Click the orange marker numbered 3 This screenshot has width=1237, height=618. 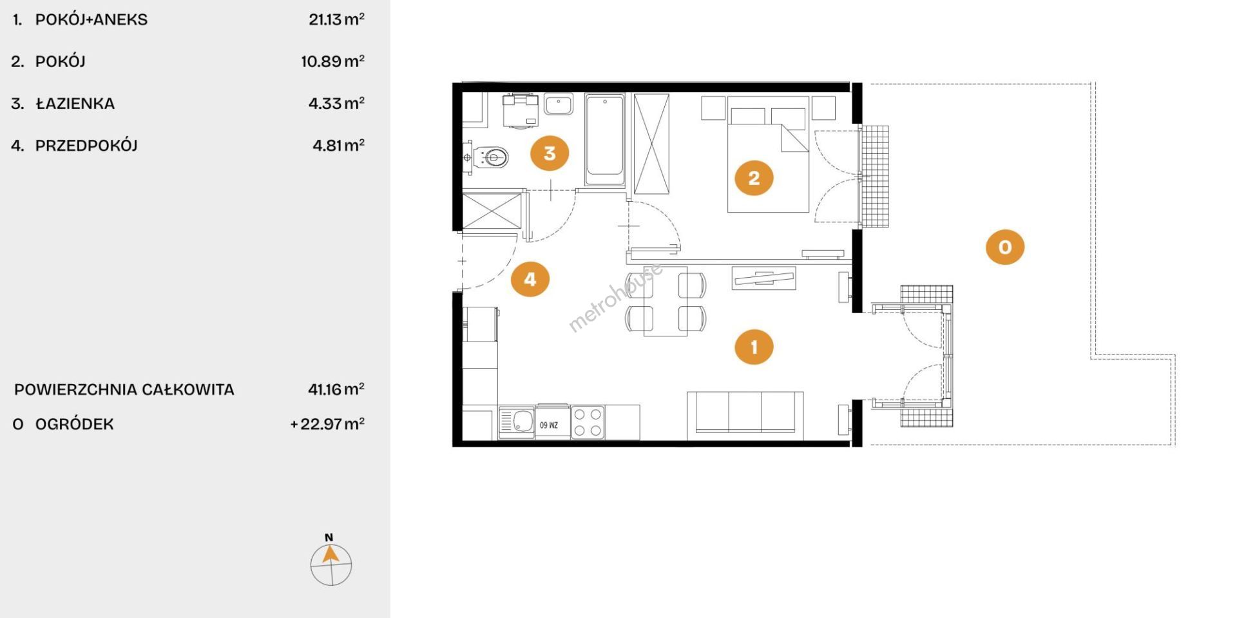(550, 153)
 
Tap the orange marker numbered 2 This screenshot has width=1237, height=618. (754, 178)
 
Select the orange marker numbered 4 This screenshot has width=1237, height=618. (530, 279)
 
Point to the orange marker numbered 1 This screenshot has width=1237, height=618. (754, 347)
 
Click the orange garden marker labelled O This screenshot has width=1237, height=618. (1005, 247)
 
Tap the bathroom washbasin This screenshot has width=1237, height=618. (559, 104)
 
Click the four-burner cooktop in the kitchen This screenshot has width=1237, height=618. (588, 422)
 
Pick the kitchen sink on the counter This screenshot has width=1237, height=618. (517, 422)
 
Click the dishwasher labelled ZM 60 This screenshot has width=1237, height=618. (552, 422)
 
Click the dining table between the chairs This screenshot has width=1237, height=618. (666, 301)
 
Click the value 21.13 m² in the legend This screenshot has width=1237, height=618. (336, 19)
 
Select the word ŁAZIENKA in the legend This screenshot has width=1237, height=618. (75, 104)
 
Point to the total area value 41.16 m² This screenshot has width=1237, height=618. (336, 389)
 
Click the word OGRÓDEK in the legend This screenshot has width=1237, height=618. (74, 424)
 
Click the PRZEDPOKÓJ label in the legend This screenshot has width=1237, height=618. (86, 146)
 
